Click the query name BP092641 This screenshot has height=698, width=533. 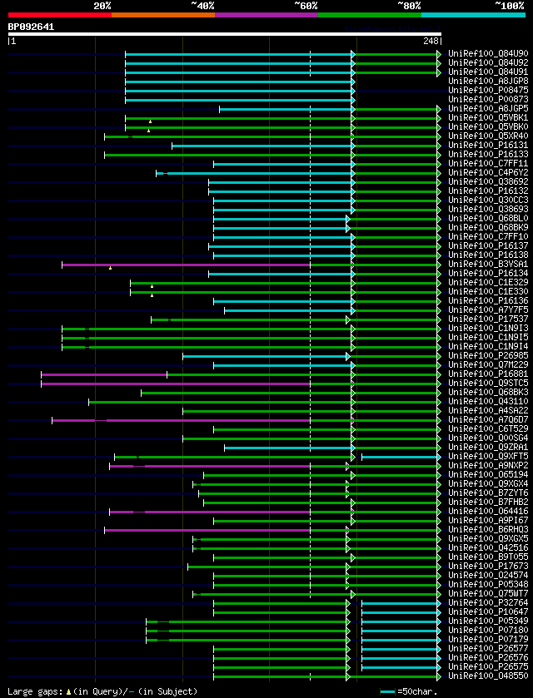pyautogui.click(x=31, y=27)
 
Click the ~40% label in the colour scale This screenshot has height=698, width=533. pyautogui.click(x=202, y=6)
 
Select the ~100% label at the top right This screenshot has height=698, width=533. pyautogui.click(x=509, y=6)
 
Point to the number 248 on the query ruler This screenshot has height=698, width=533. pyautogui.click(x=431, y=41)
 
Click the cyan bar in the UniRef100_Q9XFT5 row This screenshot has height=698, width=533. pyautogui.click(x=400, y=457)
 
